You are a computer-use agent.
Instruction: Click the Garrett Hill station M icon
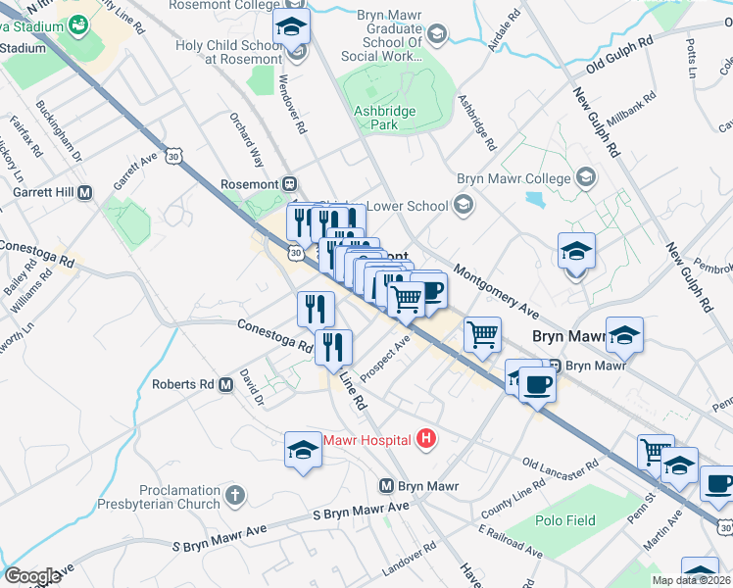pos(85,193)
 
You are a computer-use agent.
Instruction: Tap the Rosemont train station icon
pos(289,183)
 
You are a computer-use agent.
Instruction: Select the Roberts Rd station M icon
pos(226,385)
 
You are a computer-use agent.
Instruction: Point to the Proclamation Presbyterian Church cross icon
pos(234,496)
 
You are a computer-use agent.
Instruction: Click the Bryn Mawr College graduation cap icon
pos(586,178)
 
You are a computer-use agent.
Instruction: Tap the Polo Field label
pos(565,520)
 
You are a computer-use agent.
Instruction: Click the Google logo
pos(32,576)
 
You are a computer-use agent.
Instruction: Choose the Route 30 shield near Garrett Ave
pos(173,156)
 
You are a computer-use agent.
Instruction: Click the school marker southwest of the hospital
pos(303,451)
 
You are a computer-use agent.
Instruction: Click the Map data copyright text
pos(692,580)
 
